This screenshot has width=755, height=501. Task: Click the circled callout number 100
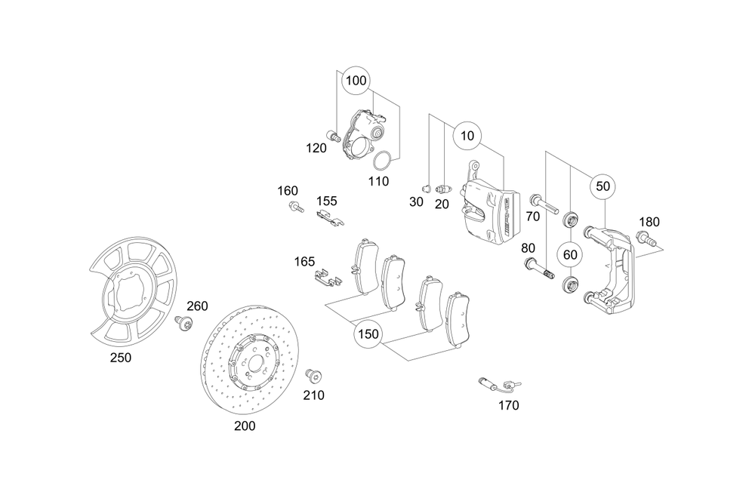point(356,80)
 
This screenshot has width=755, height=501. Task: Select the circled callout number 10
point(467,137)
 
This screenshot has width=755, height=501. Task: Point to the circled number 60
point(570,254)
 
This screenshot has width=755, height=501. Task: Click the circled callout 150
point(368,333)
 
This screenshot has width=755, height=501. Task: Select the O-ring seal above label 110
point(384,161)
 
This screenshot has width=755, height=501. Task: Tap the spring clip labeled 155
point(329,218)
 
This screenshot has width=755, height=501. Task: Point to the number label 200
point(245,426)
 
